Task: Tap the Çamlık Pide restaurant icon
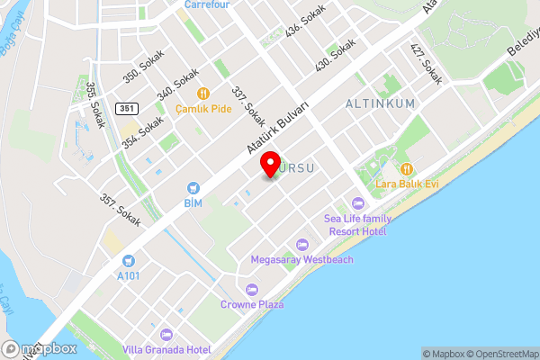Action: click(204, 93)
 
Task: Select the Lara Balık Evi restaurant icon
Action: click(408, 168)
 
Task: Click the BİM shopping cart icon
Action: click(193, 187)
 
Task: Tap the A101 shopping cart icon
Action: click(129, 261)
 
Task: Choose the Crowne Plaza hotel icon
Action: click(252, 290)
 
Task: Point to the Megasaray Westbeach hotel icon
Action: click(302, 245)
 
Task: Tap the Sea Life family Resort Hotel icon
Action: click(356, 202)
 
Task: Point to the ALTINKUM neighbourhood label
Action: click(381, 103)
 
